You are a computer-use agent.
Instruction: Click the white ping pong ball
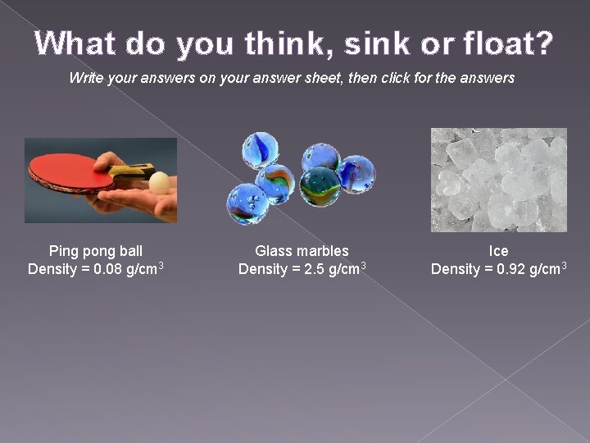pyautogui.click(x=161, y=181)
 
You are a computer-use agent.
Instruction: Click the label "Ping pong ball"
pyautogui.click(x=96, y=251)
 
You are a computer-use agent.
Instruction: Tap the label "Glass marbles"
pyautogui.click(x=302, y=251)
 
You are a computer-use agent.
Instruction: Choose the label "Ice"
pyautogui.click(x=498, y=251)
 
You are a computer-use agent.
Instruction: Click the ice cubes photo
pyautogui.click(x=498, y=180)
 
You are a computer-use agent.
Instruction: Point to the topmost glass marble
pyautogui.click(x=260, y=150)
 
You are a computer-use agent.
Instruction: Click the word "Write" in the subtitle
pyautogui.click(x=87, y=78)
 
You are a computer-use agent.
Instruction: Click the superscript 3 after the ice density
pyautogui.click(x=564, y=265)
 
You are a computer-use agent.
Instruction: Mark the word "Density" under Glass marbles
pyautogui.click(x=264, y=269)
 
